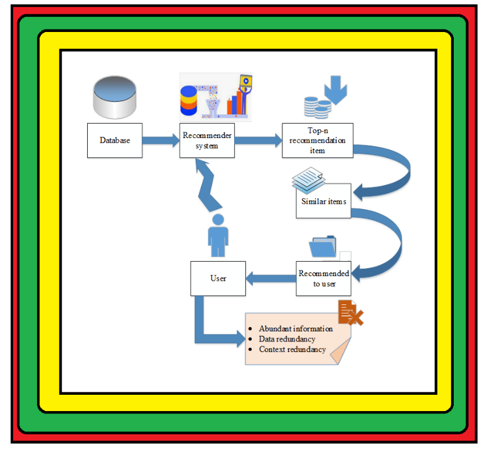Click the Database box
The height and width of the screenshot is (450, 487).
[x=114, y=140]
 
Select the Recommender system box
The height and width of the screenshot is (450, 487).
[x=207, y=141]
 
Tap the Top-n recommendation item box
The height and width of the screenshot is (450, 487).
[x=317, y=141]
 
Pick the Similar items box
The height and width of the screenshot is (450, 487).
[x=323, y=201]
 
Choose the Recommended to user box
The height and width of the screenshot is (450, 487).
[x=324, y=279]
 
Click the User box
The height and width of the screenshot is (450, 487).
[x=218, y=278]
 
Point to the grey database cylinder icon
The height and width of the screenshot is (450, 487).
[x=115, y=97]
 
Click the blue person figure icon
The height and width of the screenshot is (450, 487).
[x=218, y=235]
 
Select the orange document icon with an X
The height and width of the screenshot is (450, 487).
[x=350, y=313]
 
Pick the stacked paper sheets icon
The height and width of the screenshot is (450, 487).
[x=309, y=179]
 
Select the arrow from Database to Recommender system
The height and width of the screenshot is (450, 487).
[x=161, y=140]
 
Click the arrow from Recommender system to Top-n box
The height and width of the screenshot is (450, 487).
[x=259, y=141]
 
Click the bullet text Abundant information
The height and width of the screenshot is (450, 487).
[x=295, y=329]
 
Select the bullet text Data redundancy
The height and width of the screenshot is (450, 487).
[x=287, y=339]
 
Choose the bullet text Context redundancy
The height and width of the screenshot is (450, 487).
[x=292, y=349]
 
